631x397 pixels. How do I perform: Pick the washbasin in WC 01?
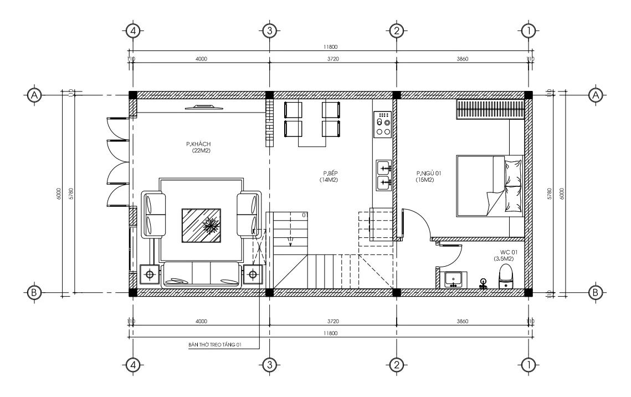[x=454, y=279]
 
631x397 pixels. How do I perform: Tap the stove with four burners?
[x=383, y=124]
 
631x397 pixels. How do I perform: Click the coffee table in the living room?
[x=201, y=225]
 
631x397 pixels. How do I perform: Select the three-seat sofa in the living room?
[x=201, y=274]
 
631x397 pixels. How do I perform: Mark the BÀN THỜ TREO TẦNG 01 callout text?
[x=215, y=344]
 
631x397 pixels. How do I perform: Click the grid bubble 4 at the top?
[x=132, y=30]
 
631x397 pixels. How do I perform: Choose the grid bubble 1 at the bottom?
[x=529, y=364]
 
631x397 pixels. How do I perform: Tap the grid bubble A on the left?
[x=34, y=95]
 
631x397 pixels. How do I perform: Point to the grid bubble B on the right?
[x=596, y=292]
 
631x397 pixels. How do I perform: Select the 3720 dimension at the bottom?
[x=333, y=321]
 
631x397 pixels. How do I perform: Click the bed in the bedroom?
[x=489, y=186]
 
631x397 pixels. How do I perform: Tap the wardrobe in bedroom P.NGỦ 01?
[x=490, y=109]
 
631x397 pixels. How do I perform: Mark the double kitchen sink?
[x=383, y=174]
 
